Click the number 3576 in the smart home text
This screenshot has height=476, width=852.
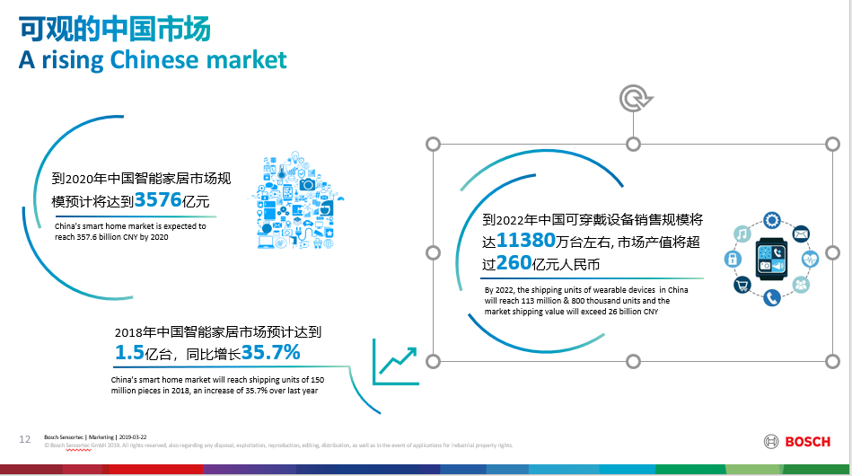click(158, 200)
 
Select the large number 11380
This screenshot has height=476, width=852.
click(525, 240)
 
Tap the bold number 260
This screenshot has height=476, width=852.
click(514, 263)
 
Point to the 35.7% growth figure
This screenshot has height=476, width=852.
click(270, 353)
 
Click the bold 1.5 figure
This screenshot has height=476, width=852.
click(129, 353)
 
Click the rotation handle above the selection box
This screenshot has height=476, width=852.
click(635, 99)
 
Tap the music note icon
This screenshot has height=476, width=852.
click(742, 234)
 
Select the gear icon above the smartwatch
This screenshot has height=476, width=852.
click(771, 220)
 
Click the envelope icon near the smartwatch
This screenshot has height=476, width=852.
click(801, 234)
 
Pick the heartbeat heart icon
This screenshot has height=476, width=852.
click(810, 259)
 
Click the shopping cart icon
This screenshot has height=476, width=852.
click(742, 284)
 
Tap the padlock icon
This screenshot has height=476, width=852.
click(733, 259)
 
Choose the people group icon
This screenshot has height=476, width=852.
click(801, 284)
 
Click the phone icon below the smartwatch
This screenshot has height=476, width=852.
click(771, 297)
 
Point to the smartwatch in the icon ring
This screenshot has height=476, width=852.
click(771, 259)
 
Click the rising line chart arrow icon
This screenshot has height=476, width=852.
click(396, 362)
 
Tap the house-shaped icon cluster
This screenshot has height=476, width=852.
click(297, 200)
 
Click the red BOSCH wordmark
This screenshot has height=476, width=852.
click(807, 442)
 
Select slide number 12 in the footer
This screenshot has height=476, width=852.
click(25, 439)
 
